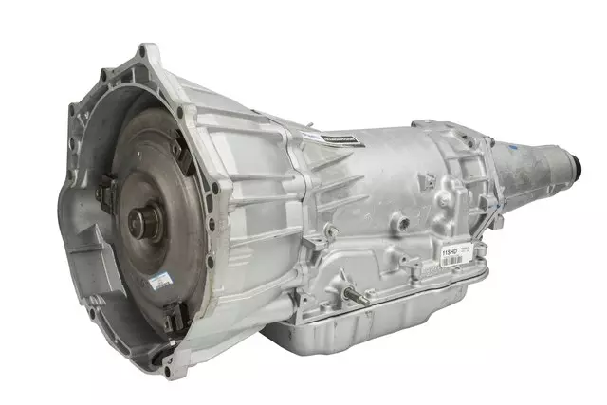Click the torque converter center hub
[x=141, y=224]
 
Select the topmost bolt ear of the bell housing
[x=147, y=49]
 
